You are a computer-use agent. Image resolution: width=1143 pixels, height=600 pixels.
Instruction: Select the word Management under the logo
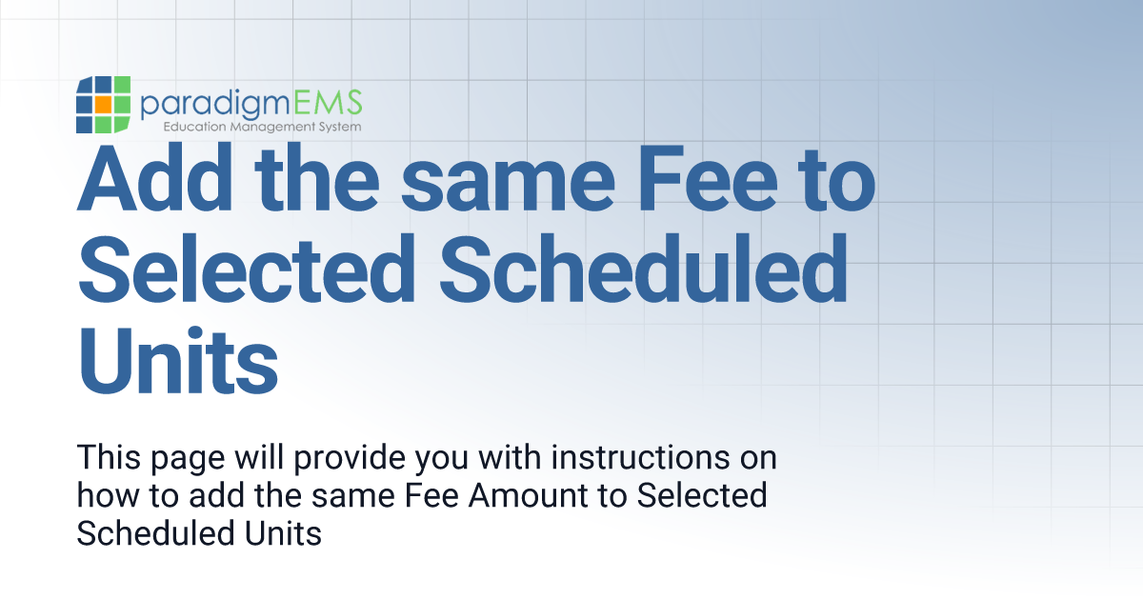270,127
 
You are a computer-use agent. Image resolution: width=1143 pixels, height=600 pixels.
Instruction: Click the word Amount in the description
534,495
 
